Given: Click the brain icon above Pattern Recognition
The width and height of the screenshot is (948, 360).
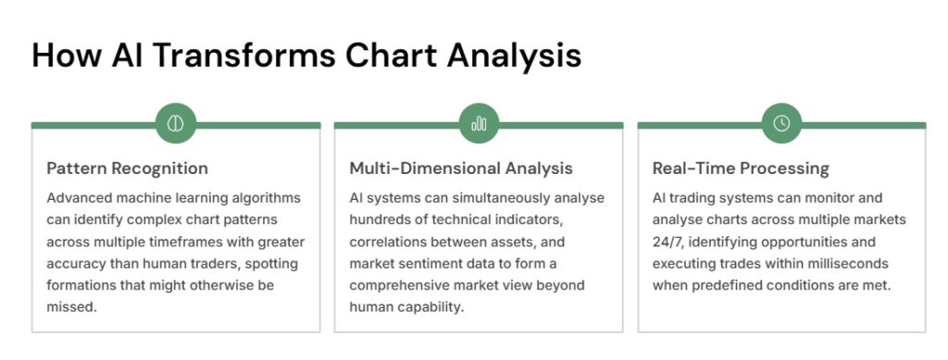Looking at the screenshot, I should (175, 124).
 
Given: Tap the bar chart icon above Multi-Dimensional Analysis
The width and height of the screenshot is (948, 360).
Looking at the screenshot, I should (479, 124).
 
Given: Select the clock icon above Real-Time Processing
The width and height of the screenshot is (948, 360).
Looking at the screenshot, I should (781, 124).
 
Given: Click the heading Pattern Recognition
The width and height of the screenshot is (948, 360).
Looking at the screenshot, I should (127, 168).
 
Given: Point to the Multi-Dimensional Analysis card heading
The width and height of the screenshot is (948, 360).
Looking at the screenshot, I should (461, 168).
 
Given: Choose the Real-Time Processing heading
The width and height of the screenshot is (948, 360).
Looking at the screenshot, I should (741, 168).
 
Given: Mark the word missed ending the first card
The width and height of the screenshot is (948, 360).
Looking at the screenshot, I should (71, 307).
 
